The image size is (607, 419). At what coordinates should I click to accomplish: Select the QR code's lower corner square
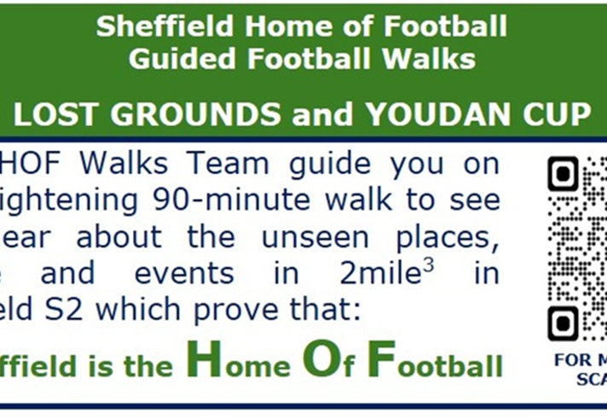(x=564, y=323)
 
